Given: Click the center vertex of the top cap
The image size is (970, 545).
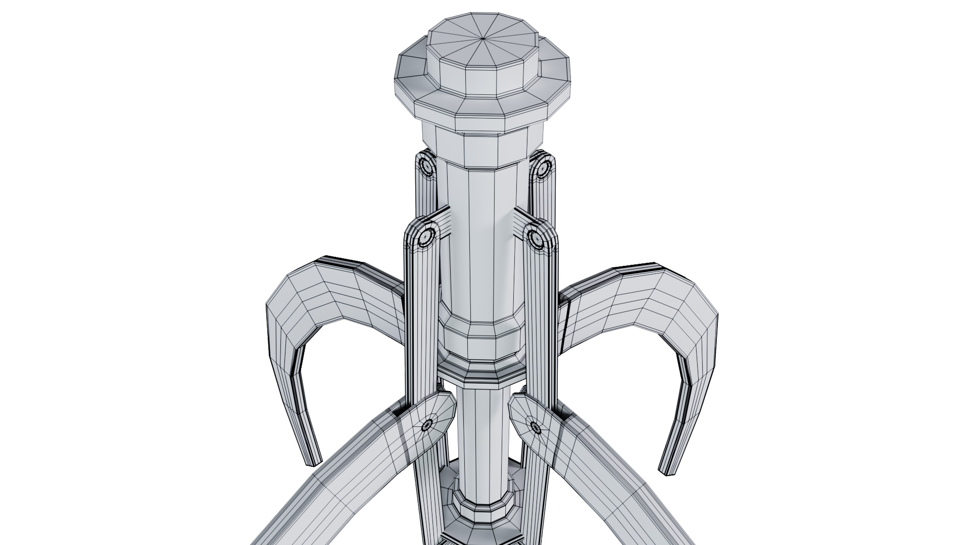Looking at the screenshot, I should (x=483, y=38).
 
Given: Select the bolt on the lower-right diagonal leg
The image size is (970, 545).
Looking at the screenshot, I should (x=536, y=428).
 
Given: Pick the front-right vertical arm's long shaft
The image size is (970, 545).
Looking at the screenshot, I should (x=542, y=328).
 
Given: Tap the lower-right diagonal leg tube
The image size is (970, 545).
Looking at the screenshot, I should (x=621, y=484).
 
